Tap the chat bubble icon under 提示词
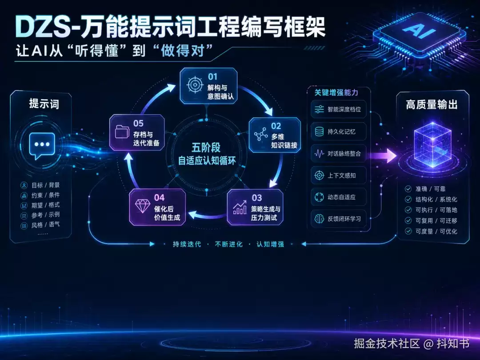(x=42, y=146)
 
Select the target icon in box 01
(x=195, y=84)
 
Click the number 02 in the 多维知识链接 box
(x=276, y=126)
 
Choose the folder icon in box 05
(x=122, y=132)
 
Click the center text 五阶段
(x=206, y=148)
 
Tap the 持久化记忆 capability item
(x=339, y=132)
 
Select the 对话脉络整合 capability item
(x=339, y=153)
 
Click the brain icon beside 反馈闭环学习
(x=319, y=219)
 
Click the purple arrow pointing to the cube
(x=383, y=156)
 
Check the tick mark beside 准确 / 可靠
(x=408, y=188)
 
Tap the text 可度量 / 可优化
(x=436, y=231)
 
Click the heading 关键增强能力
(x=336, y=92)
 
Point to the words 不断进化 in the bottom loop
(x=229, y=244)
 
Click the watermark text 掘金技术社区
(x=387, y=344)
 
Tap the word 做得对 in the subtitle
(x=183, y=51)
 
